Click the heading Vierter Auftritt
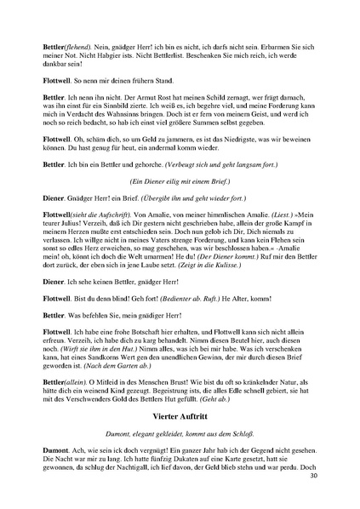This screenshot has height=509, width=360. [180, 420]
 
